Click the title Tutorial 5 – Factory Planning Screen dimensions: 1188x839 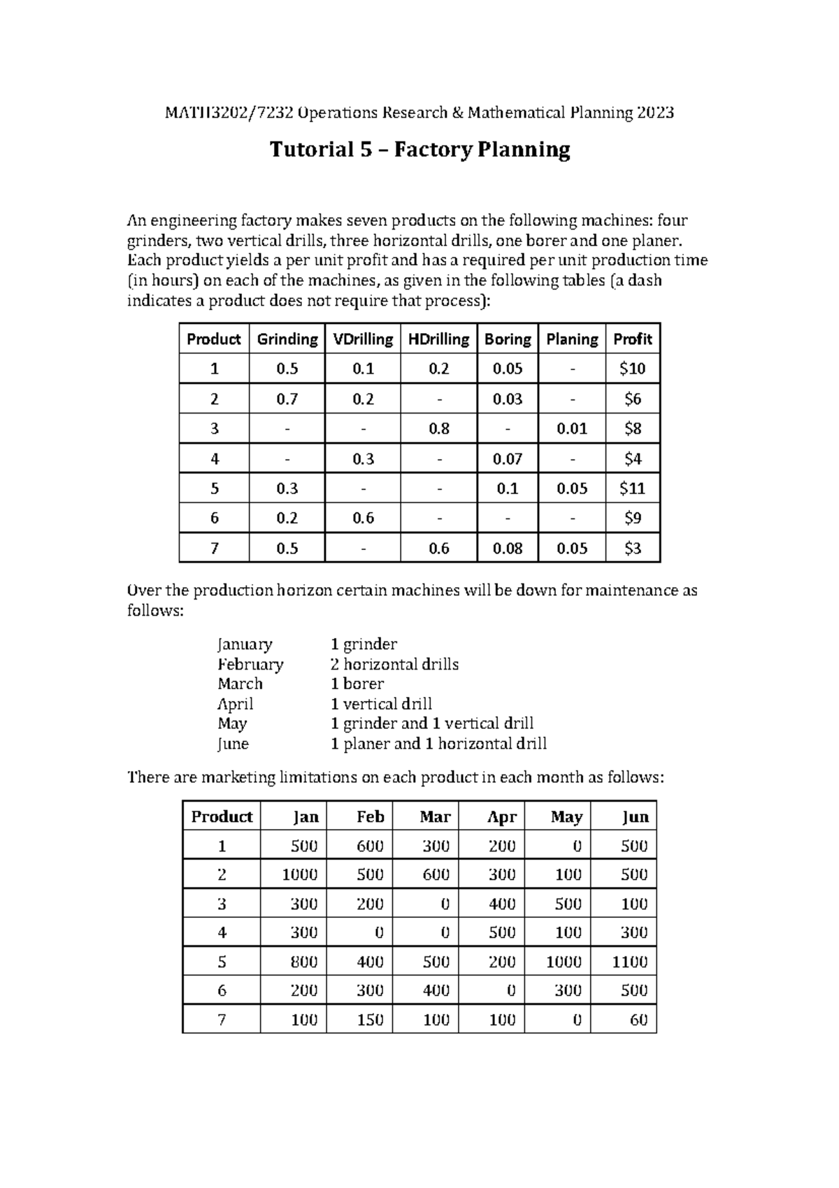click(x=420, y=150)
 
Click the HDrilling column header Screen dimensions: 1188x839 click(x=438, y=339)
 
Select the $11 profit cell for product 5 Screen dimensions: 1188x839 click(x=632, y=488)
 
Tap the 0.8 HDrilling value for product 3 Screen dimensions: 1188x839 click(x=438, y=428)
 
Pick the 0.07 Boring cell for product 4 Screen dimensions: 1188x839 click(x=508, y=459)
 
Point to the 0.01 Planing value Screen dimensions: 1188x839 click(x=572, y=428)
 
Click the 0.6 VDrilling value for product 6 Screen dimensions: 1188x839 click(x=363, y=518)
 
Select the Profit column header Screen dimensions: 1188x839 click(x=632, y=339)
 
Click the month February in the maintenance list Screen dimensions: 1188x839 click(x=250, y=664)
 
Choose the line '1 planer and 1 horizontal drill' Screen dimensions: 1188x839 click(x=438, y=744)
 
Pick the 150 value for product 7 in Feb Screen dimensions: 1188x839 click(x=370, y=1020)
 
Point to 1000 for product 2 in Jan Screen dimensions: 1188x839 click(x=300, y=875)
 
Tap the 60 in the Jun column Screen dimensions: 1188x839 click(x=638, y=1020)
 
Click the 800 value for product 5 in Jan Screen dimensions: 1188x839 click(x=304, y=962)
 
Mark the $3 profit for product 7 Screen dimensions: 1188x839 click(x=632, y=549)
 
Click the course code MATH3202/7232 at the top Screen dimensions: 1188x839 click(x=230, y=113)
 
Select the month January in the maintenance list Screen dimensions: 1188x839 click(x=245, y=644)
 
